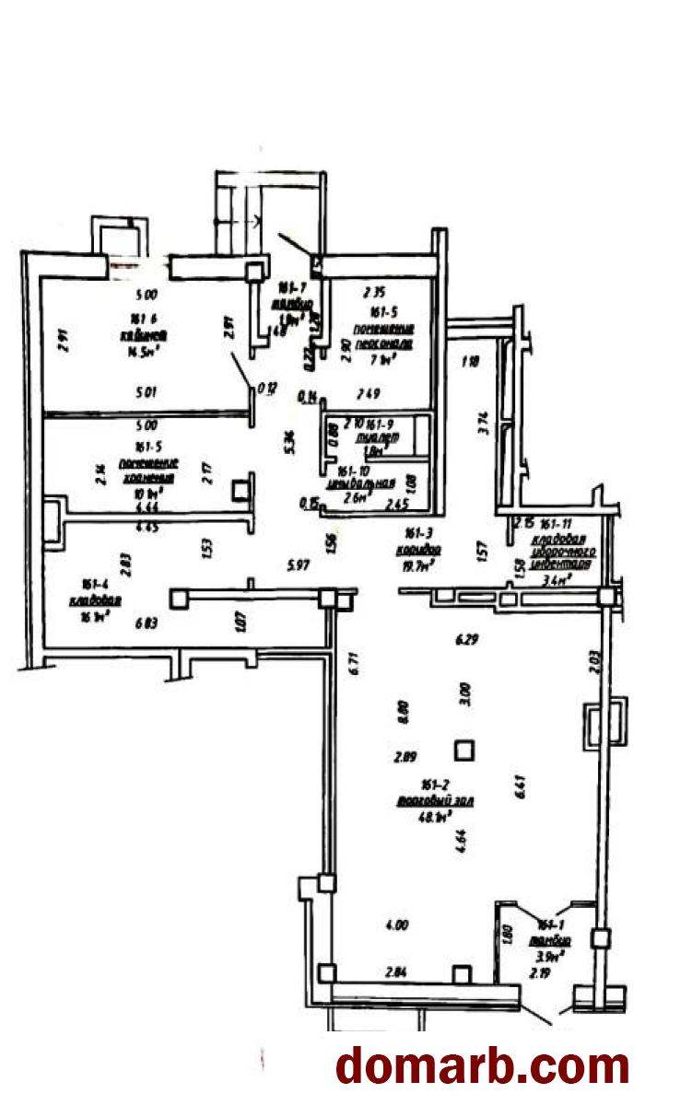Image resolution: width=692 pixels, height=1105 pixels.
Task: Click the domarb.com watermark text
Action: click(x=483, y=1065)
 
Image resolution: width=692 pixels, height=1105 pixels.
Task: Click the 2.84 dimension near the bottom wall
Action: click(x=397, y=972)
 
